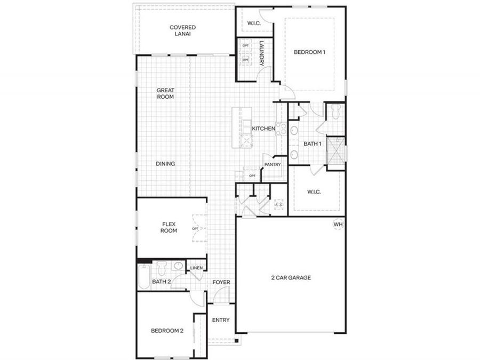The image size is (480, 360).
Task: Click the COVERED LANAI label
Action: pos(182,30)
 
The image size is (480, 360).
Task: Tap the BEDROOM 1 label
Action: pos(309,52)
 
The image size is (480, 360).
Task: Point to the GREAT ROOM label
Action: pos(165,94)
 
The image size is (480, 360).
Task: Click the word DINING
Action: pos(165,164)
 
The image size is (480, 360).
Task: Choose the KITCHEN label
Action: pos(263,129)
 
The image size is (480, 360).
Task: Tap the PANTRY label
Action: pos(271,165)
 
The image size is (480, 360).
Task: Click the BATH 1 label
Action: pos(313,144)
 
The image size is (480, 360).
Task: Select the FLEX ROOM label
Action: pos(169,228)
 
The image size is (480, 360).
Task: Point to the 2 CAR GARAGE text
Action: pos(291,277)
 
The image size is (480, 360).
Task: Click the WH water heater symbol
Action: pos(338,225)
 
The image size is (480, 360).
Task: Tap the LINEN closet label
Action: pos(196,268)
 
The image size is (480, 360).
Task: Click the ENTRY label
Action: pos(221,320)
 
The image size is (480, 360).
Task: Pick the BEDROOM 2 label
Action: pos(167,331)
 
